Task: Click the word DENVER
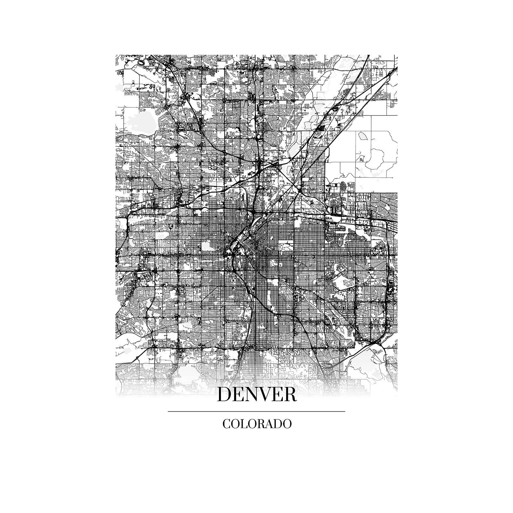coord(256,395)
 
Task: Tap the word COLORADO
coord(257,424)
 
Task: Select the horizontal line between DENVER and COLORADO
coord(256,411)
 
